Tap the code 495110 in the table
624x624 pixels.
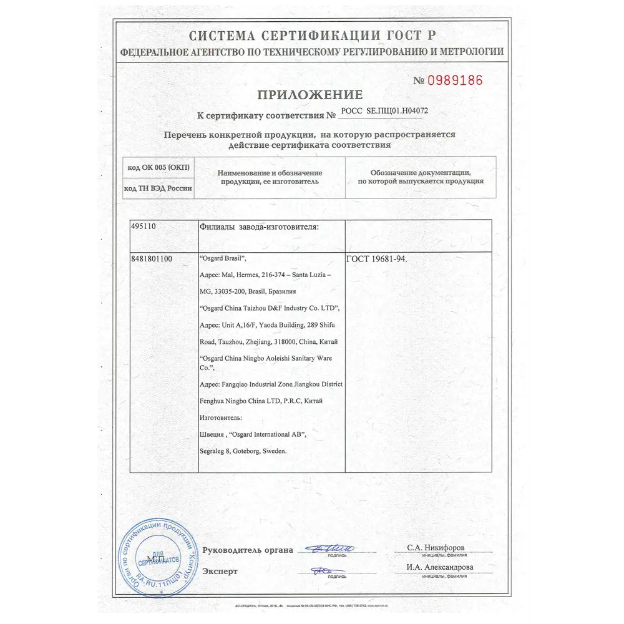pos(147,227)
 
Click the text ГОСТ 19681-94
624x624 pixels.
pos(375,258)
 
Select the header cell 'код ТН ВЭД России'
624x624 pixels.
pos(158,188)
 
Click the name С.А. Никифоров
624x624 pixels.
pos(436,547)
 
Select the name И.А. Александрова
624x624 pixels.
pos(440,567)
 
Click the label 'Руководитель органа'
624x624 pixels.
pos(248,550)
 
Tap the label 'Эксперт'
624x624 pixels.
pos(220,571)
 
